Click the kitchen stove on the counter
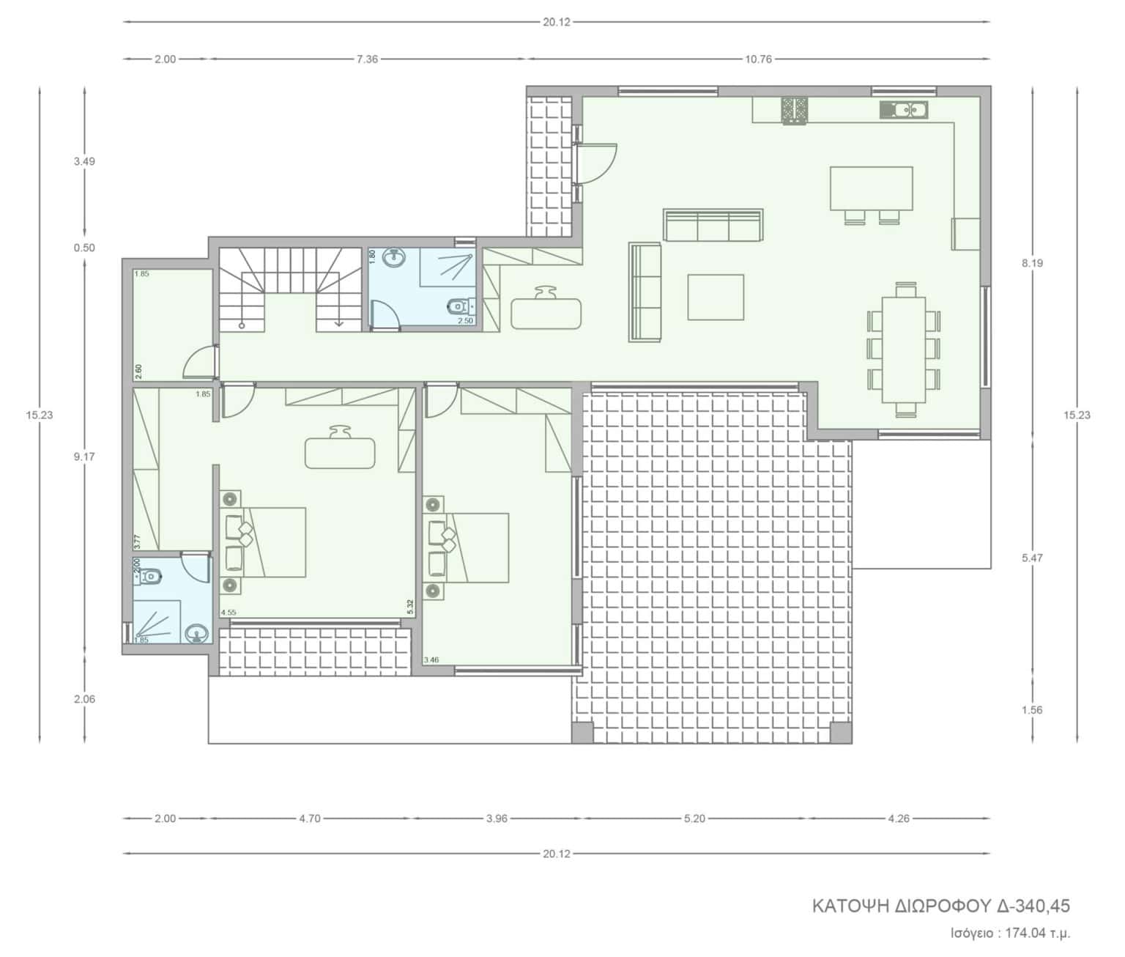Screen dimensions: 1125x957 pyautogui.click(x=795, y=111)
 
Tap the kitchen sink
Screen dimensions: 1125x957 pyautogui.click(x=904, y=109)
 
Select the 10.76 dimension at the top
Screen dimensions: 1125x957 pyautogui.click(x=758, y=59)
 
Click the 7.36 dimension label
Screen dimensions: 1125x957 pyautogui.click(x=367, y=59)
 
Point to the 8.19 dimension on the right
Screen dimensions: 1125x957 pyautogui.click(x=1032, y=263)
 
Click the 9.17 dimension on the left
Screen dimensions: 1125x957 pyautogui.click(x=84, y=457)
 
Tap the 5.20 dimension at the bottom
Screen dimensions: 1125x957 pyautogui.click(x=694, y=819)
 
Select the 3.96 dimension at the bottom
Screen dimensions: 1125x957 pyautogui.click(x=497, y=819)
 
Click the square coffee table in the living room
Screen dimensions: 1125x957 pyautogui.click(x=715, y=297)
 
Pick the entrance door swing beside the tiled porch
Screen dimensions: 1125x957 pyautogui.click(x=597, y=163)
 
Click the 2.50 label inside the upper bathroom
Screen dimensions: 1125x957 pyautogui.click(x=465, y=321)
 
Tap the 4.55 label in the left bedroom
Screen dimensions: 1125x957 pyautogui.click(x=229, y=612)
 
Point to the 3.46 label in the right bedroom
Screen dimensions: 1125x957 pyautogui.click(x=431, y=659)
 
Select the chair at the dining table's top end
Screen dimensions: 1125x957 pyautogui.click(x=905, y=289)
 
